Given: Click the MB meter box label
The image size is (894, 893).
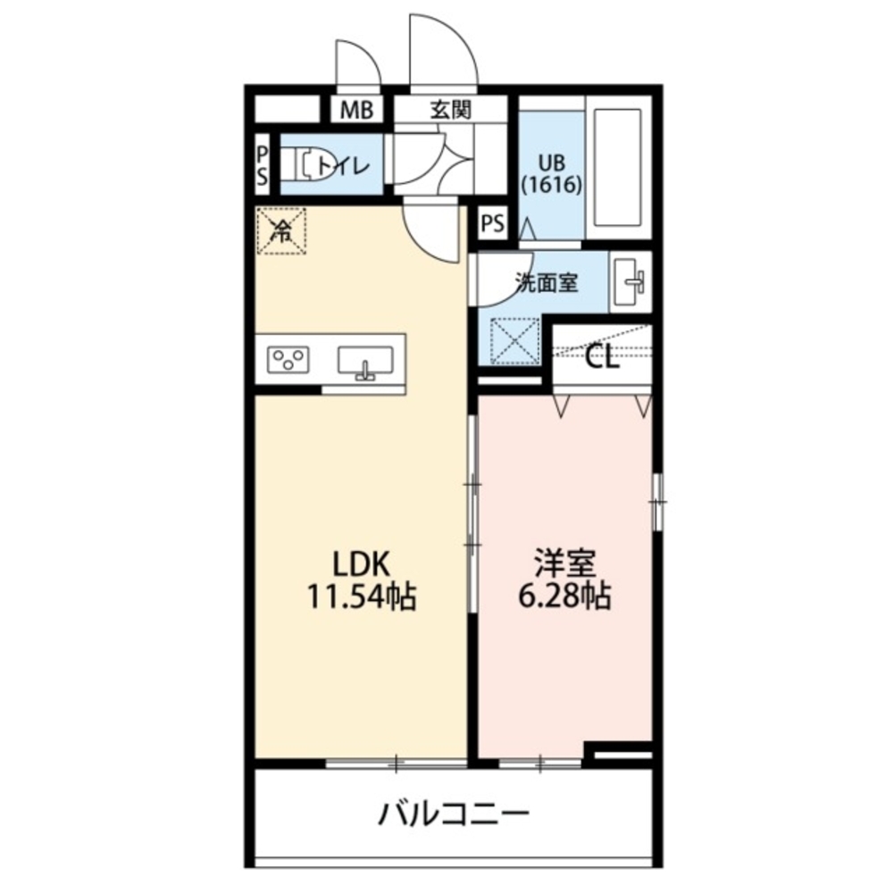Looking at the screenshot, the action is tap(357, 110).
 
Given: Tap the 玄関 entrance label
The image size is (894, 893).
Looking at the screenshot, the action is tap(450, 109).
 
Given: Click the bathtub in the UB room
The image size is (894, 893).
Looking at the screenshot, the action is tap(617, 168).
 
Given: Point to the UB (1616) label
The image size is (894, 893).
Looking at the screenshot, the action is tap(552, 174).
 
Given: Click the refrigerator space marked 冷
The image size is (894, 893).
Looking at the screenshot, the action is tap(281, 230).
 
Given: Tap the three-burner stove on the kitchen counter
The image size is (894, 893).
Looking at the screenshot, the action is tap(288, 359).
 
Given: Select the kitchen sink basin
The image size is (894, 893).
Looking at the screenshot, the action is tap(365, 363).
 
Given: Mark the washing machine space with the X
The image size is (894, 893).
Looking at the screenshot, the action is tap(514, 341).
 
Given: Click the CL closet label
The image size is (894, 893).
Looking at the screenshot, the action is tap(602, 359).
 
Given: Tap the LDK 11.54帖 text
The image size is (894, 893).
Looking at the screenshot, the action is tap(362, 580).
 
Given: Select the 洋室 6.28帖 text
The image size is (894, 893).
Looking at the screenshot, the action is tap(564, 580).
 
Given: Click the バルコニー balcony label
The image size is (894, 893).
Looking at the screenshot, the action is tap(454, 814).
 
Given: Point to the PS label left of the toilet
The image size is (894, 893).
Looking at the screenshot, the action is tap(262, 165).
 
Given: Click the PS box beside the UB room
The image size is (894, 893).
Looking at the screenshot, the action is tap(493, 222).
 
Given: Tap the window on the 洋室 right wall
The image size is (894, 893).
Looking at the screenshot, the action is tap(658, 502).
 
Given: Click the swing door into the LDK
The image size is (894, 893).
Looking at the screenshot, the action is tap(431, 230).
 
